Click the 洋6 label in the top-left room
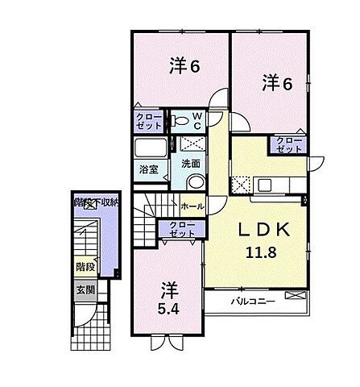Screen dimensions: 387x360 184,67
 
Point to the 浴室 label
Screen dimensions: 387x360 148,169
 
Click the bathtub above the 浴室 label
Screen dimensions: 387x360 151,149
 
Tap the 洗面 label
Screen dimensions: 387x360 191,163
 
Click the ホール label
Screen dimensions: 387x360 192,206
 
